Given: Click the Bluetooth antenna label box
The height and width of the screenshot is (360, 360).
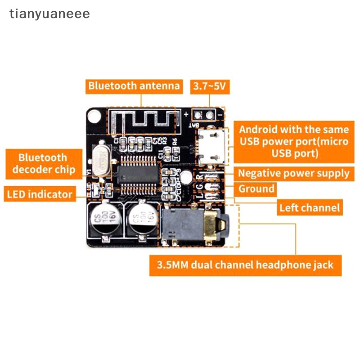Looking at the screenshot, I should (x=134, y=86).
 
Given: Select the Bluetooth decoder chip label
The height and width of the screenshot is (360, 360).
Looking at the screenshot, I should (x=43, y=164).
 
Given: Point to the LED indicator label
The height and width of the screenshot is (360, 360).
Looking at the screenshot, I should (x=40, y=194).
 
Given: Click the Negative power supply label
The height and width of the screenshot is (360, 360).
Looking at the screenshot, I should (x=293, y=173).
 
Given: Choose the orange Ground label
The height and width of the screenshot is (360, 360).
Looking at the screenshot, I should (x=256, y=189).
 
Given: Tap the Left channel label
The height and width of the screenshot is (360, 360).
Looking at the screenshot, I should (x=309, y=208).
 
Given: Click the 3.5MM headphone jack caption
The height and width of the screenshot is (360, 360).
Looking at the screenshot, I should (x=245, y=264).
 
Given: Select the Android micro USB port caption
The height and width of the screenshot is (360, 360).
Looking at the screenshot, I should (x=293, y=142).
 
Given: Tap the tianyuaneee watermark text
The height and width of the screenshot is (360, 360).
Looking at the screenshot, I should (x=50, y=14).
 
